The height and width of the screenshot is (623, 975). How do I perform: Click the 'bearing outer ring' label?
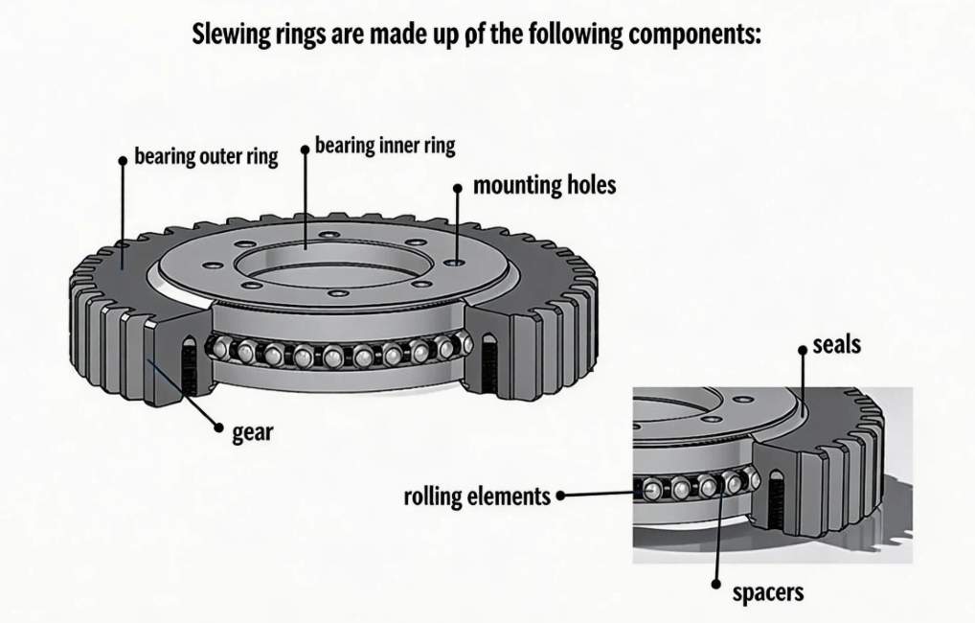(x=206, y=156)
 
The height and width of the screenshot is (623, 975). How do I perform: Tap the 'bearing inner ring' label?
(x=385, y=146)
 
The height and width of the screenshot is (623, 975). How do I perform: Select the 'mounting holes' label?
(x=544, y=185)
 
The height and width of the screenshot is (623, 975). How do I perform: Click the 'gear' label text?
(x=253, y=432)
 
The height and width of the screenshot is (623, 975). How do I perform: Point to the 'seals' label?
(x=836, y=344)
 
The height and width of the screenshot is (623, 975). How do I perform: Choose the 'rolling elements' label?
(x=477, y=496)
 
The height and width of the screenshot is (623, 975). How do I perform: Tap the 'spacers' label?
(x=767, y=592)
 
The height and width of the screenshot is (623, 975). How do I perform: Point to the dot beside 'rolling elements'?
(x=559, y=496)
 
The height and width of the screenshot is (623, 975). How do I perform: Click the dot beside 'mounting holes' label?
(x=459, y=189)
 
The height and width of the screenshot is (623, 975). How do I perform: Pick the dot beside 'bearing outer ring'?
(x=123, y=160)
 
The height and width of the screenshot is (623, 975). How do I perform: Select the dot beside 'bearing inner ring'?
(x=305, y=150)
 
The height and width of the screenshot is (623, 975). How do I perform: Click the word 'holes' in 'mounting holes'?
(x=587, y=185)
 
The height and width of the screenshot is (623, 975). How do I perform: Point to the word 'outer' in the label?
(x=222, y=156)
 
